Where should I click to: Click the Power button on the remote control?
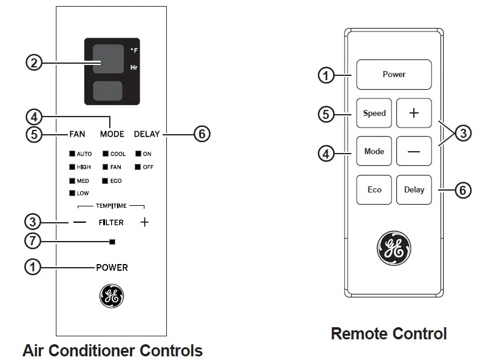[x=393, y=74]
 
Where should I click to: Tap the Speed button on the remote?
[x=374, y=113]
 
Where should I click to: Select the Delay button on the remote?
[x=414, y=190]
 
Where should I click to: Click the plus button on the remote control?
[x=414, y=113]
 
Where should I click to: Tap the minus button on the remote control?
[x=414, y=152]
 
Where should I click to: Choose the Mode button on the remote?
[x=374, y=152]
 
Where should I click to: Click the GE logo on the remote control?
[x=394, y=248]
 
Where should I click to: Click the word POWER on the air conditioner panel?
[x=112, y=267]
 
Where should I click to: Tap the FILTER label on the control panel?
[x=111, y=223]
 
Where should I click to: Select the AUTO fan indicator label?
[x=83, y=154]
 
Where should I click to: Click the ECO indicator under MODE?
[x=115, y=181]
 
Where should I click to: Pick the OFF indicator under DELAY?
[x=146, y=167]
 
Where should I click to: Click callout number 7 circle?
[x=33, y=241]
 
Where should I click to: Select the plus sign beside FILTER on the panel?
[x=144, y=223]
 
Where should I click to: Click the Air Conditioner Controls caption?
[x=112, y=350]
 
